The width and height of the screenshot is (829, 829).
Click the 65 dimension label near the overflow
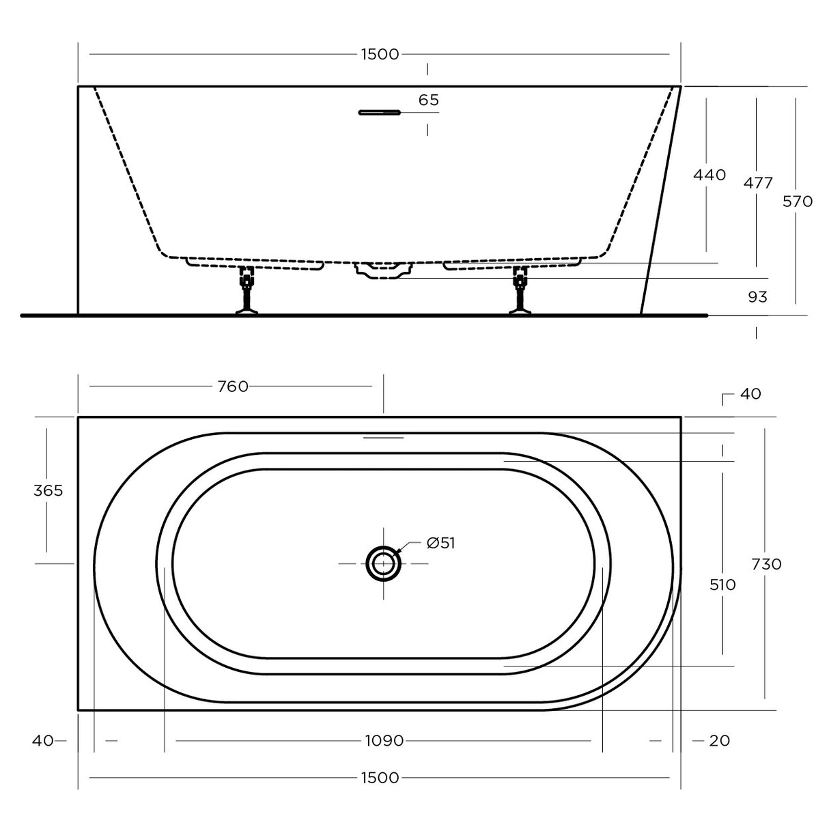428,100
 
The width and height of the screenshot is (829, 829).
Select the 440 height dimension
709,175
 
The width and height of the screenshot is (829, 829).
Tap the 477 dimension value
758,183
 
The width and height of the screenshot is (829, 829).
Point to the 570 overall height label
797,201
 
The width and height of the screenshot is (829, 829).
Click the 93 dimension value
757,297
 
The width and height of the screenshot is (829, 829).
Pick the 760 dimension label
232,387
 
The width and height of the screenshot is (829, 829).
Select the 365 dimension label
48,490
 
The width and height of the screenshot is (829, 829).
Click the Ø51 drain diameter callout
440,543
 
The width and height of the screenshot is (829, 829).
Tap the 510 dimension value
722,585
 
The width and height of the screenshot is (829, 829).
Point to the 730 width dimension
766,564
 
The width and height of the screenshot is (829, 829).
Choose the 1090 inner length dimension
384,740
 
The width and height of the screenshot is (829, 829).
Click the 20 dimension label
719,740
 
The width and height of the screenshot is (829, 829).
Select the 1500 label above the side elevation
380,55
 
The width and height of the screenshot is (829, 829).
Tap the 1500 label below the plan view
380,778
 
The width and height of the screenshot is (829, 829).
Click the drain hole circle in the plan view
383,563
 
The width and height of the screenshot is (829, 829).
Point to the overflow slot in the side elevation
379,113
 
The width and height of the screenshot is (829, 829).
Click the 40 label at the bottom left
42,740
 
